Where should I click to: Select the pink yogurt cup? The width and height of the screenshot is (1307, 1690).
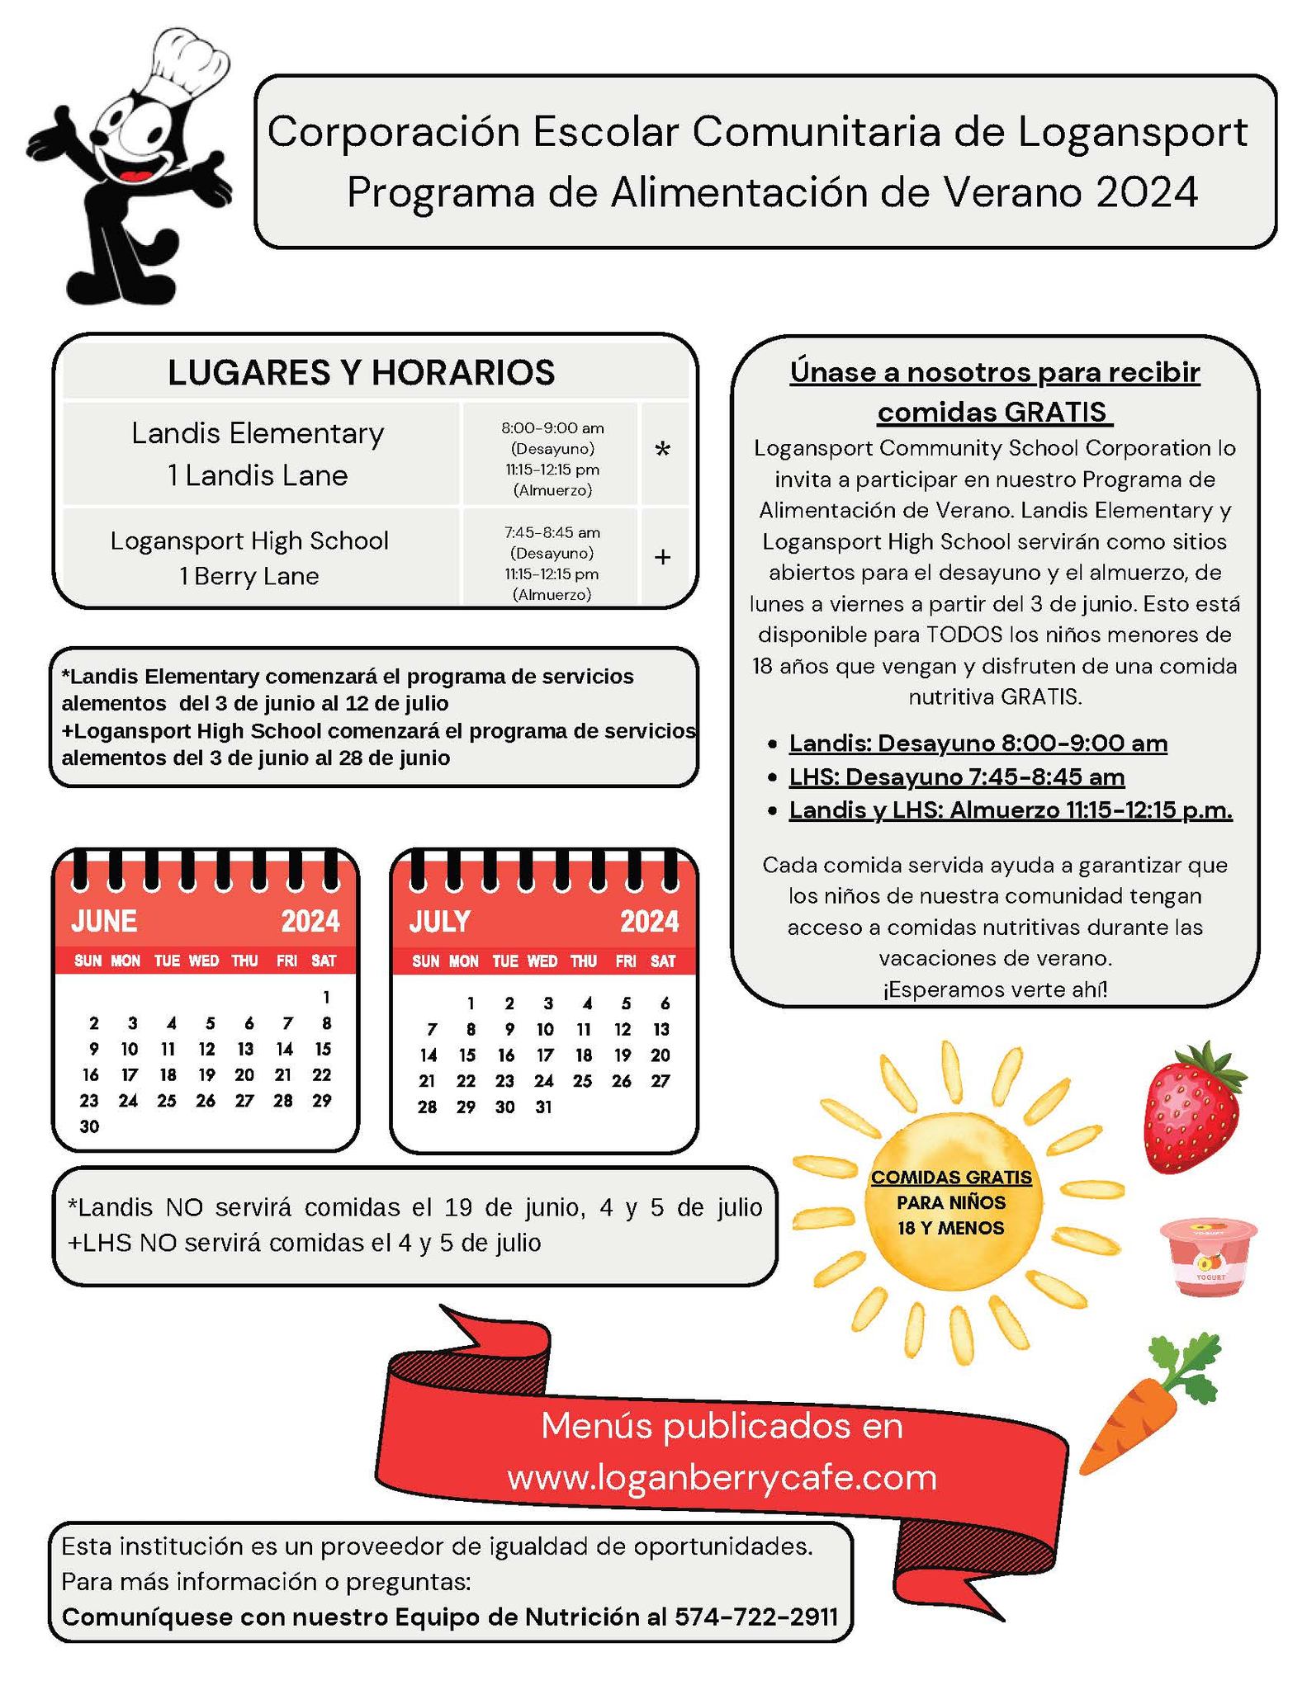pos(1207,1256)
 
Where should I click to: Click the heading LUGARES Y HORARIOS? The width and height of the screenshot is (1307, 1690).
pos(362,373)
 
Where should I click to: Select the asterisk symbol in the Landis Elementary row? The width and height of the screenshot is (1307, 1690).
pos(662,451)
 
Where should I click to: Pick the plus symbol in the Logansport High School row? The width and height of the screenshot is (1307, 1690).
pos(662,558)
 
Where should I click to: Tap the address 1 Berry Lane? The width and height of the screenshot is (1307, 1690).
pos(249,576)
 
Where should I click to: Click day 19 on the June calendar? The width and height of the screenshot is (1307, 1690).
pos(206,1075)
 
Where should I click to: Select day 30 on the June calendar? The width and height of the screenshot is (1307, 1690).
pos(89,1126)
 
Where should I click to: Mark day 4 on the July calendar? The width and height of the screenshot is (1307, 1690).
pos(587,1003)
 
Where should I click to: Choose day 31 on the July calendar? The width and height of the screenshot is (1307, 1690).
pos(543,1107)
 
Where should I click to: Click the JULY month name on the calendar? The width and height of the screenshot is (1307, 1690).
pos(440,921)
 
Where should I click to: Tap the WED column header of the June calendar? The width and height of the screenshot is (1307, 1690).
pos(204,961)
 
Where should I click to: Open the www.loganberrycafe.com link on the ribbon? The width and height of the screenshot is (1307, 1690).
pos(722,1477)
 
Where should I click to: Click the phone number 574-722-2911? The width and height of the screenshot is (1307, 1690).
pos(756,1617)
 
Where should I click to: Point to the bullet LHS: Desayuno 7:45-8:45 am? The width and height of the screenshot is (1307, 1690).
pos(956,777)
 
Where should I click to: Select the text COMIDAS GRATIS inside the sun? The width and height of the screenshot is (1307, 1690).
pos(951,1178)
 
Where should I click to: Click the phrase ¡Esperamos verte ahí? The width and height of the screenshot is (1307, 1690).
pos(995,989)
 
